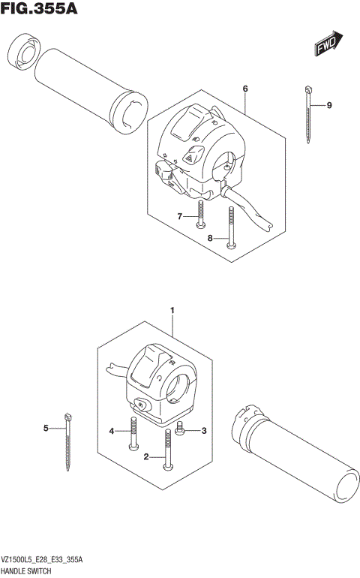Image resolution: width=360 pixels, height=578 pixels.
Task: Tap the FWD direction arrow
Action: (x=328, y=44)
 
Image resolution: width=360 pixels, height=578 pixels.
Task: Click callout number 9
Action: (x=328, y=106)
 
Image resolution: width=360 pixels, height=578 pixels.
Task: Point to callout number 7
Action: (x=180, y=217)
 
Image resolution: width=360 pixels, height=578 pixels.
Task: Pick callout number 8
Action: (x=211, y=238)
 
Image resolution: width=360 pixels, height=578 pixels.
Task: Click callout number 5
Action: (x=45, y=429)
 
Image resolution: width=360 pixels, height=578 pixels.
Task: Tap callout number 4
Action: (x=112, y=431)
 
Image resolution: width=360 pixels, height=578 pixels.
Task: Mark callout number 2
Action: (x=147, y=456)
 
